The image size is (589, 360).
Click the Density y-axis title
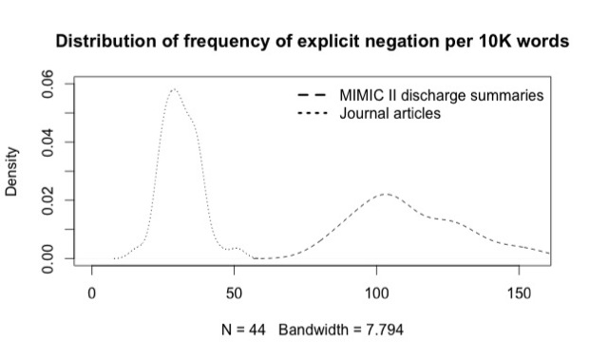tap(12, 171)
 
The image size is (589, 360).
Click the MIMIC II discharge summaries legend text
tap(441, 96)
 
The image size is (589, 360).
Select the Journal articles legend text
tap(390, 113)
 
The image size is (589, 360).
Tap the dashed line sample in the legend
tap(313, 96)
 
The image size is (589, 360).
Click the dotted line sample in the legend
tap(313, 113)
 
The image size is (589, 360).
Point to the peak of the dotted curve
tap(173, 89)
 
